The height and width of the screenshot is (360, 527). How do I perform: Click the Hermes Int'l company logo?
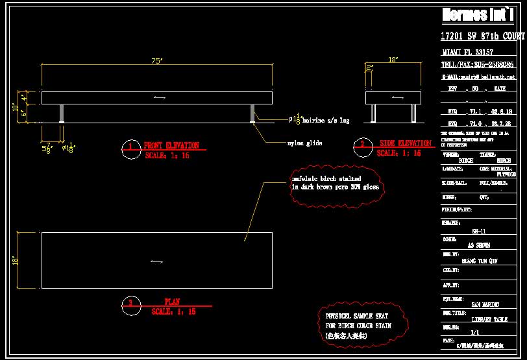482,14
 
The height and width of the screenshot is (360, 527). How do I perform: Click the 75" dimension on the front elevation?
156,61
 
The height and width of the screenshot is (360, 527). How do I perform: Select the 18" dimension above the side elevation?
393,60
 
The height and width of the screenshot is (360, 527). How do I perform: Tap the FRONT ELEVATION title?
171,146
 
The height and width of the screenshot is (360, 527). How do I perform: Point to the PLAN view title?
172,302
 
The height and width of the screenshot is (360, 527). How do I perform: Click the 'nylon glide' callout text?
305,143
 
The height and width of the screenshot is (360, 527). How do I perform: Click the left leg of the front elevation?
62,114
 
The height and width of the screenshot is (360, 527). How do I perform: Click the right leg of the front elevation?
252,114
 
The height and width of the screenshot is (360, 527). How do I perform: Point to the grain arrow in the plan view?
156,261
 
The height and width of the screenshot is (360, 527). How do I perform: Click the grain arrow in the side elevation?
397,97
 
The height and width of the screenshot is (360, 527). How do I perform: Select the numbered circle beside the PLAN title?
130,303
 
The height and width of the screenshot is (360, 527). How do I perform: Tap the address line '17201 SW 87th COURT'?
482,36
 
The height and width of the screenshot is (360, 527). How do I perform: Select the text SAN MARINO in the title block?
485,304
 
